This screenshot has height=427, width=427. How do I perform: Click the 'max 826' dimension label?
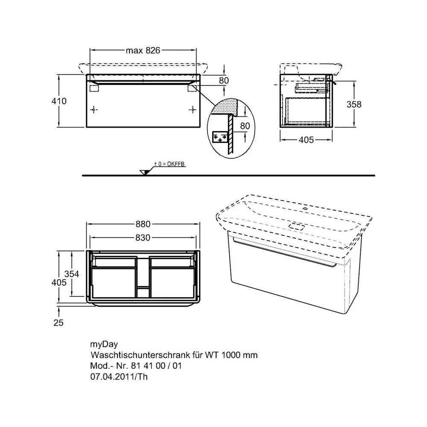point(143,50)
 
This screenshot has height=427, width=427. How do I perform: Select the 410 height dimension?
point(59,101)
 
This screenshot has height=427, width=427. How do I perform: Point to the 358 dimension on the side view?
point(354,104)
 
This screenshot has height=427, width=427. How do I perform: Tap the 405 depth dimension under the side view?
point(306,140)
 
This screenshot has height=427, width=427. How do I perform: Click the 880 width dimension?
point(143,224)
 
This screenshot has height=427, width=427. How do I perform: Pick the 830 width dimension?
point(143,238)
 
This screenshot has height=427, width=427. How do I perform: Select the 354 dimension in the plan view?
point(72,274)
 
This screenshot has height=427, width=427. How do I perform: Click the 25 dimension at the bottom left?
point(58,323)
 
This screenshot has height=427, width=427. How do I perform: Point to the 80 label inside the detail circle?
point(245,126)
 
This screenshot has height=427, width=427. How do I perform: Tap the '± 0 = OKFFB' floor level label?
point(170,164)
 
